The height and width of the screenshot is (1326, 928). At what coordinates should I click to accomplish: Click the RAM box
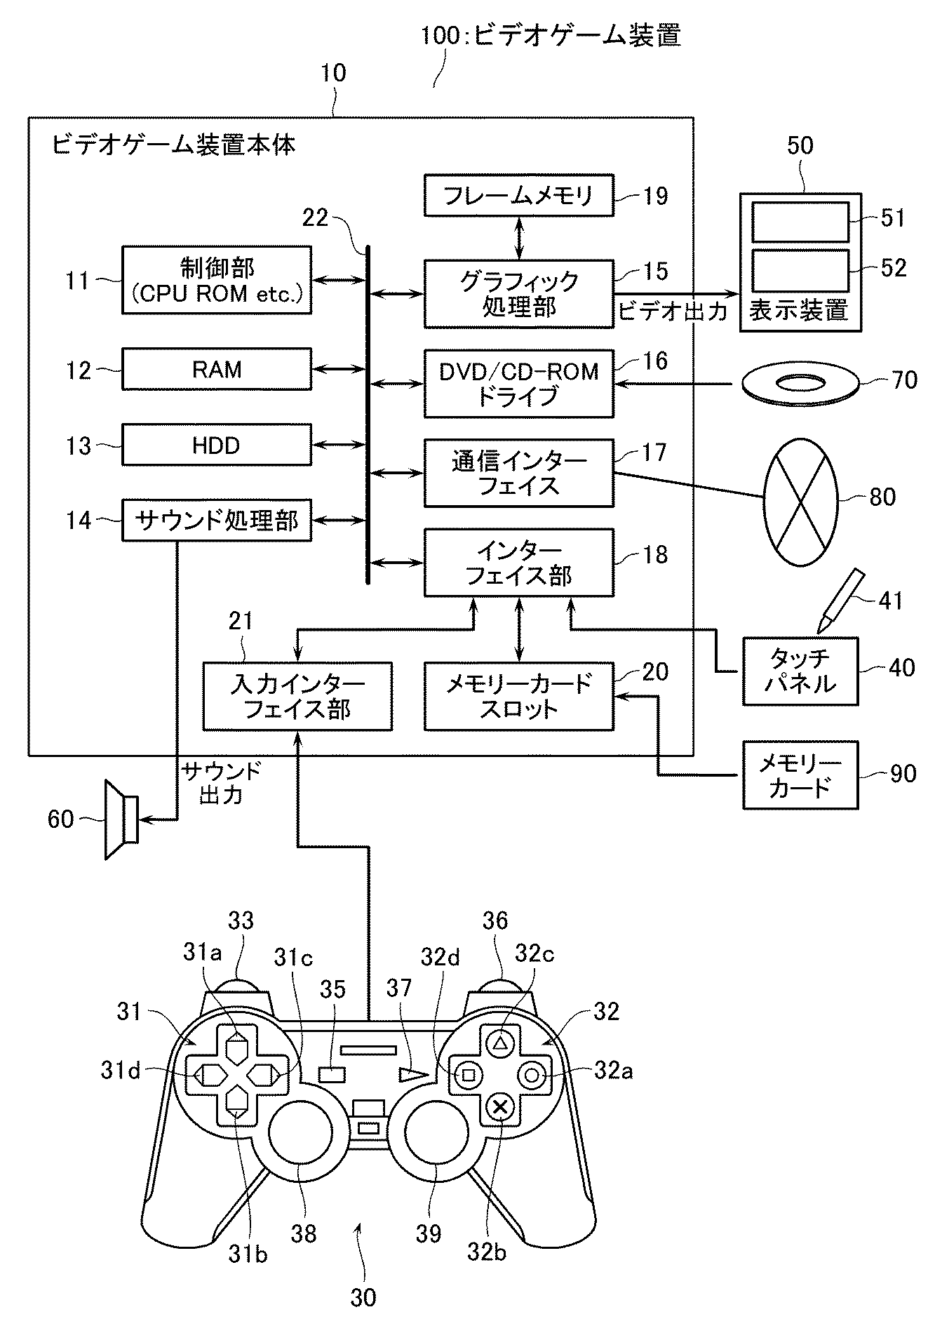pyautogui.click(x=217, y=369)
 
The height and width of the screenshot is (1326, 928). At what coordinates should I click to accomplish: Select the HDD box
pyautogui.click(x=217, y=445)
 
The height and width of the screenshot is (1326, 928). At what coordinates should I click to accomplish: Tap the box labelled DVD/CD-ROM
pyautogui.click(x=519, y=383)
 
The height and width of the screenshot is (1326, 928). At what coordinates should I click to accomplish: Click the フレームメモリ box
pyautogui.click(x=519, y=195)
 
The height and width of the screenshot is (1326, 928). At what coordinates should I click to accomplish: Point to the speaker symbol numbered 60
pyautogui.click(x=121, y=819)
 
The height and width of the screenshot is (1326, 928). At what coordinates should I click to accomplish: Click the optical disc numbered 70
pyautogui.click(x=800, y=384)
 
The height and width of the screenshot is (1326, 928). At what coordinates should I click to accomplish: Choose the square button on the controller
pyautogui.click(x=469, y=1073)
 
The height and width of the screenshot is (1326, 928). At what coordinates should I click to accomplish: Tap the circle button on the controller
pyautogui.click(x=531, y=1073)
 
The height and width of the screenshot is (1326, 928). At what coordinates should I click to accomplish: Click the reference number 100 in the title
pyautogui.click(x=439, y=35)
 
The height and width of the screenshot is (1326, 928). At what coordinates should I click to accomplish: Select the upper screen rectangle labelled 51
pyautogui.click(x=800, y=222)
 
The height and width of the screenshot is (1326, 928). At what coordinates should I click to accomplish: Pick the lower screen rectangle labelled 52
pyautogui.click(x=800, y=269)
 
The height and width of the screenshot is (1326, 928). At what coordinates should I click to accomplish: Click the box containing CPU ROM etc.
pyautogui.click(x=217, y=279)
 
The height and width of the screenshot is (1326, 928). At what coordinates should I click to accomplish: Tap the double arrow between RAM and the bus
pyautogui.click(x=339, y=369)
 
